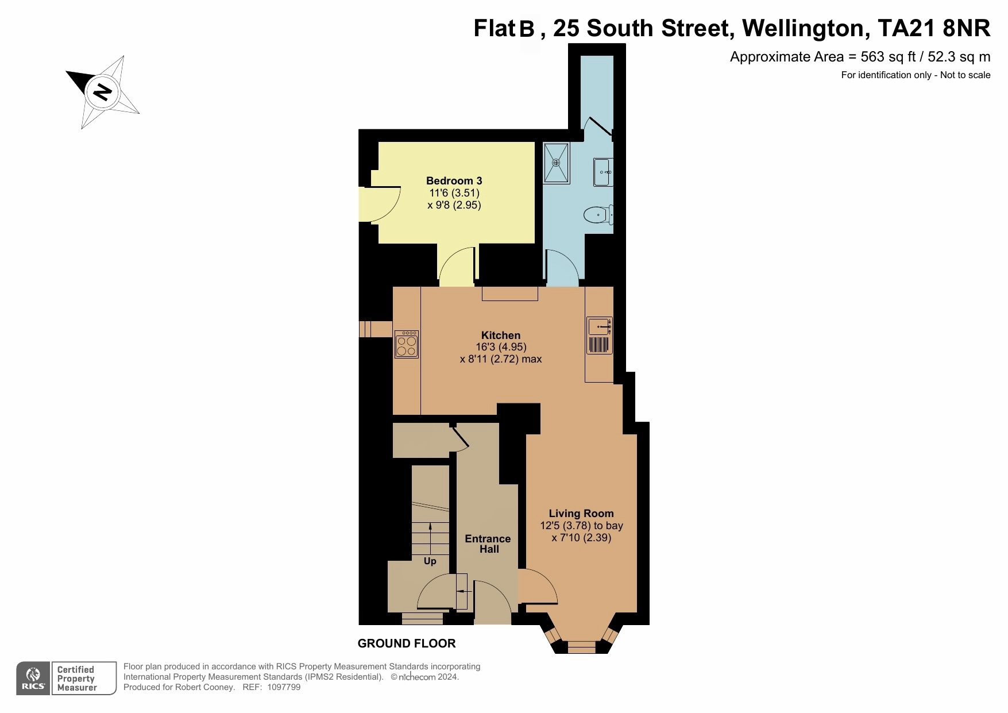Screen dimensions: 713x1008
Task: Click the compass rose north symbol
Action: point(103,92)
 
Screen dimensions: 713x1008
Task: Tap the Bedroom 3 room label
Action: point(454,181)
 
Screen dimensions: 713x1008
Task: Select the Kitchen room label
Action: point(501,336)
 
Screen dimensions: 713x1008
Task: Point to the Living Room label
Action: point(581,514)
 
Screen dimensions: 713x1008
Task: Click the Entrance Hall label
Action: point(488,544)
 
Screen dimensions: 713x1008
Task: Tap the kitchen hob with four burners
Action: point(407,345)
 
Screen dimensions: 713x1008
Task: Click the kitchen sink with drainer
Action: point(600,336)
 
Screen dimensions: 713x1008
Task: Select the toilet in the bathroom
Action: point(598,215)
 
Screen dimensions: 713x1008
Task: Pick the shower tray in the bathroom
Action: point(556,163)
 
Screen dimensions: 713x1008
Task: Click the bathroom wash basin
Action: point(603,172)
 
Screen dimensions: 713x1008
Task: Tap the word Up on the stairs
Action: point(430,561)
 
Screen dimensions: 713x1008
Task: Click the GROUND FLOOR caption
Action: point(407,643)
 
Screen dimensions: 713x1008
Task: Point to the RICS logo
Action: point(33,679)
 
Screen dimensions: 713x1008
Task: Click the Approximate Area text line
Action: point(860,57)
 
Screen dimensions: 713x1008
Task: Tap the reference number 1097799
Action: point(284,687)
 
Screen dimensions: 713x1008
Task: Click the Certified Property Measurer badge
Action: point(84,679)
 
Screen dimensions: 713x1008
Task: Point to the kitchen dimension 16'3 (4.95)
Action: point(501,347)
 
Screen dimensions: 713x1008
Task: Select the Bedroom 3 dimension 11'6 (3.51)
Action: point(454,193)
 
